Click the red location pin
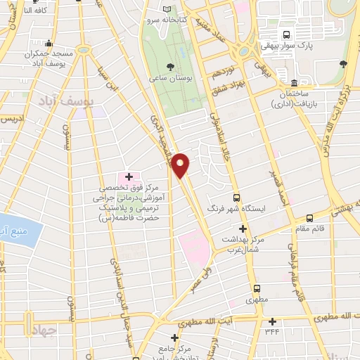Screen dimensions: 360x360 click(x=181, y=165)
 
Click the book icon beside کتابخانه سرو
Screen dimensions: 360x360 click(x=167, y=8)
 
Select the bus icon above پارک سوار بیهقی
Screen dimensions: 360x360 click(x=286, y=34)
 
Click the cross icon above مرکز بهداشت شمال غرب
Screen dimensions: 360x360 click(x=243, y=229)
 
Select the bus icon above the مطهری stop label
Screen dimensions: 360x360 click(x=257, y=288)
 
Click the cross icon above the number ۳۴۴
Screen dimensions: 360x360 click(x=271, y=321)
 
